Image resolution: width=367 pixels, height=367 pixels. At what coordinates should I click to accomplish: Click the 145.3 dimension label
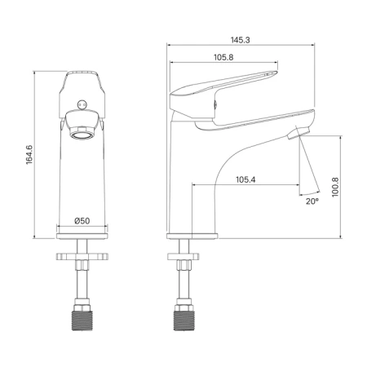click(x=241, y=40)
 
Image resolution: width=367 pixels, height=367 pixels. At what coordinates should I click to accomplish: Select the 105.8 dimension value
click(x=223, y=57)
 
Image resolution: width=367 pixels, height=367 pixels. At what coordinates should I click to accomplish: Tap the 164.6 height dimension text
click(x=29, y=155)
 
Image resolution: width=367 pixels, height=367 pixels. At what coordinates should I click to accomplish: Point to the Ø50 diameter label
click(x=82, y=221)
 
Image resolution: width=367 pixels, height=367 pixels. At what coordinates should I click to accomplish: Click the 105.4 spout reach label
click(x=245, y=179)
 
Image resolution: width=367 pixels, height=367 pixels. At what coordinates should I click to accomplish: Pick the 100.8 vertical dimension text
click(x=335, y=188)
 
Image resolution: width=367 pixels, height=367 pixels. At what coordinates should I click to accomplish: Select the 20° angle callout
click(x=312, y=201)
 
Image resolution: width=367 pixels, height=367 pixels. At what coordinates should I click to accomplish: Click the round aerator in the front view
click(x=82, y=135)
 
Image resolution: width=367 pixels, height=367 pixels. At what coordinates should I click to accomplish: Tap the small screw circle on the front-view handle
click(x=82, y=104)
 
